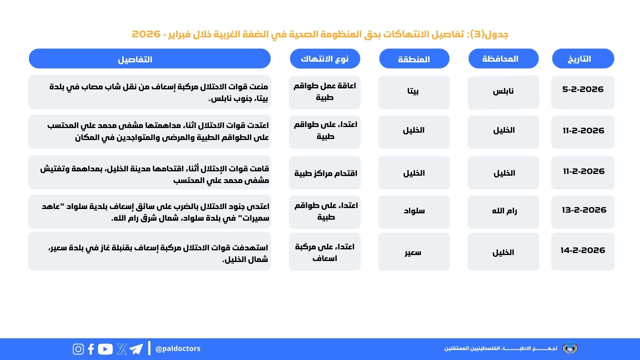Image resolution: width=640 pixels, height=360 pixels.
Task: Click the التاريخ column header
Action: (583, 59)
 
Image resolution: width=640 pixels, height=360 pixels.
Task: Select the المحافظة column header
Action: (503, 59)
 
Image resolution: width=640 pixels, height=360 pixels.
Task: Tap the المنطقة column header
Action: (414, 59)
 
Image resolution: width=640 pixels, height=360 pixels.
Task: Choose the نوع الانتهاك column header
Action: (325, 59)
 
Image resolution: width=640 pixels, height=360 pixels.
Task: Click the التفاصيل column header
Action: (150, 59)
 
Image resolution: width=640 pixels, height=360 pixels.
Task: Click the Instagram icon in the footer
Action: (78, 349)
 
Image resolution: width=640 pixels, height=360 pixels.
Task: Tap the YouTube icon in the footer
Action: (105, 349)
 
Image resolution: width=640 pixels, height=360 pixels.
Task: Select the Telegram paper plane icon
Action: (136, 349)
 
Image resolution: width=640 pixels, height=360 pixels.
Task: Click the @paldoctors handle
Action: (178, 349)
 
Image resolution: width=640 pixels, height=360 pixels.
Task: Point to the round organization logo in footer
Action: (570, 348)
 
